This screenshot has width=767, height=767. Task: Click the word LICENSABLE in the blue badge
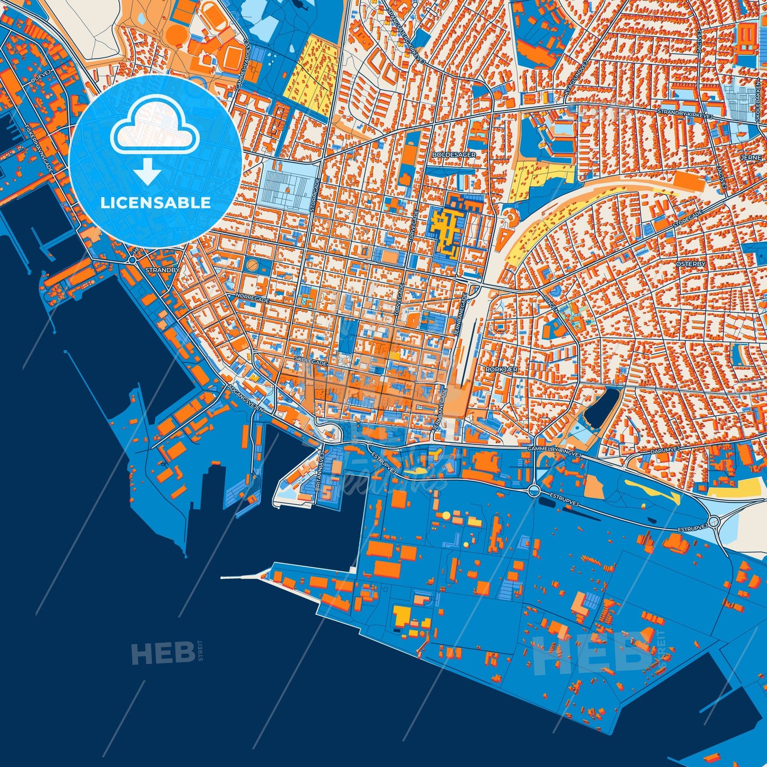[x=156, y=203]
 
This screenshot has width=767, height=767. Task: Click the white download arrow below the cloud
[x=148, y=171]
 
